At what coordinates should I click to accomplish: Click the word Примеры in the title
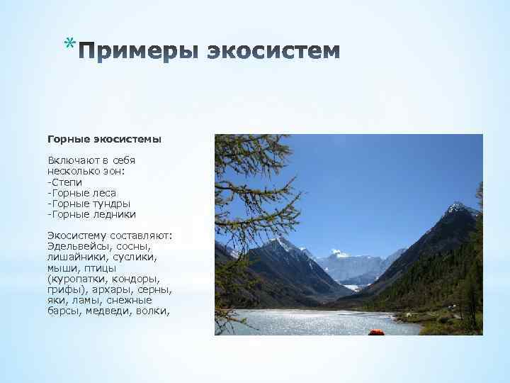click(139, 52)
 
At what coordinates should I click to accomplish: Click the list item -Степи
click(64, 182)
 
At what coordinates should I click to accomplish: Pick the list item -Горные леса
click(81, 192)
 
